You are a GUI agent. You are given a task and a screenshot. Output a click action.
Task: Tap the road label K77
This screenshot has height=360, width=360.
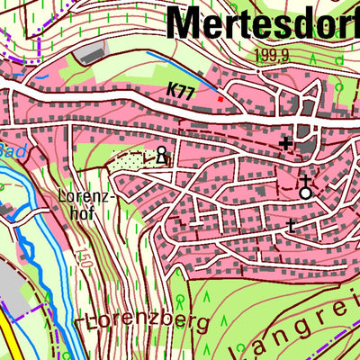click(182, 91)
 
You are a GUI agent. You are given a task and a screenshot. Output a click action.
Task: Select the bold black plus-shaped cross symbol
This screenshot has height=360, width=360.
click(285, 142)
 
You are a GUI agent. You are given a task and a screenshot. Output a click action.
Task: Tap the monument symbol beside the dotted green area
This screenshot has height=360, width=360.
click(162, 155)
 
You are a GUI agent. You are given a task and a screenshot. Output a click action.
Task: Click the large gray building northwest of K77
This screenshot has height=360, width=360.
click(90, 53)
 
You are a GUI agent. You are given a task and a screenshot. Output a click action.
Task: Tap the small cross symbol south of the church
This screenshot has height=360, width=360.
click(290, 224)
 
